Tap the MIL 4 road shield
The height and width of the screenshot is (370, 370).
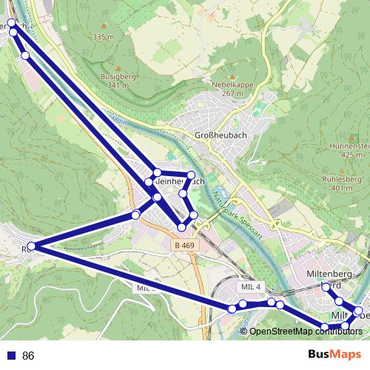click(251, 286)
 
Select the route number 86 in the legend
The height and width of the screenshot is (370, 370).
click(29, 356)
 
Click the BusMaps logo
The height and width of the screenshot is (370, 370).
click(334, 355)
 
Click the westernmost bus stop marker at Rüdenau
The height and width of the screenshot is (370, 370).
click(31, 246)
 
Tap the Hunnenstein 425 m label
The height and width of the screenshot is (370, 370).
click(352, 150)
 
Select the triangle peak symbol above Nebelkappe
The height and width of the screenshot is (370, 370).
click(232, 76)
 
